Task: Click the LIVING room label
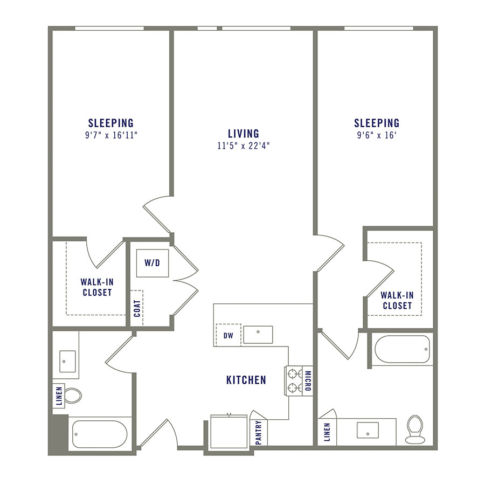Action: point(243,133)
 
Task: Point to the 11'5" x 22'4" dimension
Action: point(243,145)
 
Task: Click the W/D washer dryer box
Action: point(153,263)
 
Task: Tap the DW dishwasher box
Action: point(228,335)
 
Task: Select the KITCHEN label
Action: point(246,380)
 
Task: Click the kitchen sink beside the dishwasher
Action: point(258,335)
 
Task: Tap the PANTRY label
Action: point(259,432)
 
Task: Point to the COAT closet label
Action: point(136,308)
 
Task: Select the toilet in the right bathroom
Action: point(414,429)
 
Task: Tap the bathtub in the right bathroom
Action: point(402,350)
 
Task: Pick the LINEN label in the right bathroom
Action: point(327,432)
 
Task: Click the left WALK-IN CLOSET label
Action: point(97,287)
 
